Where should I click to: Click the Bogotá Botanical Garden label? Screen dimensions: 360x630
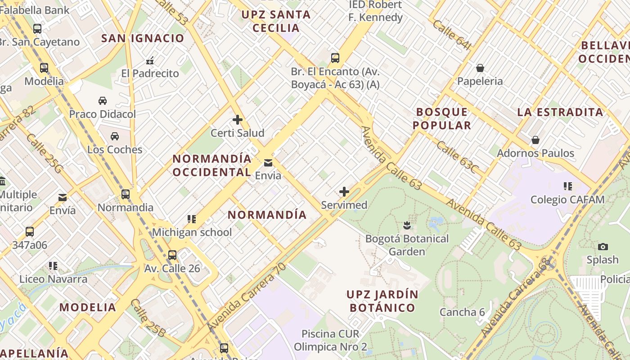pos(407,245)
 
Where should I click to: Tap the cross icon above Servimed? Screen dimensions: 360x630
pos(344,192)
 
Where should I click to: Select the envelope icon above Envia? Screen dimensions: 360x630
pos(268,162)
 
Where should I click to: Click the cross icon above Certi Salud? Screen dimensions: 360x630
pos(238,120)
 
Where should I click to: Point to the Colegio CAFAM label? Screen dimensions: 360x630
pos(567,199)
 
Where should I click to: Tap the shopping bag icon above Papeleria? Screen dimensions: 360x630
pos(480,68)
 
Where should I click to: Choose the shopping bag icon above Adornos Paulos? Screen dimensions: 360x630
pos(535,140)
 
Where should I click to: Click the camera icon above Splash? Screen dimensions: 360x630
pos(603,247)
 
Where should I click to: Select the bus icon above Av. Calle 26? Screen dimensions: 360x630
pos(172,255)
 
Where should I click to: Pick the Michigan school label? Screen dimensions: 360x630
pos(192,232)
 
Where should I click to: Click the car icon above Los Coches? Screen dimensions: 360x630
pos(115,136)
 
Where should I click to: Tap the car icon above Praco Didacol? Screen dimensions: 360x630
pos(103,101)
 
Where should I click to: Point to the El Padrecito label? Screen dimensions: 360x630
pos(150,73)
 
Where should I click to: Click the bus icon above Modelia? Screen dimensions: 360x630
pos(44,68)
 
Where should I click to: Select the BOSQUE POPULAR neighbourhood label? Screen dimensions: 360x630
pos(442,118)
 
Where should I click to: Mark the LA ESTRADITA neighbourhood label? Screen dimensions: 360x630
pos(560,112)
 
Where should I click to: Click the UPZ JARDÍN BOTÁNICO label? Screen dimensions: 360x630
pos(382,301)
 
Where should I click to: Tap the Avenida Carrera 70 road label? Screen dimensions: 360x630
pos(247,297)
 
